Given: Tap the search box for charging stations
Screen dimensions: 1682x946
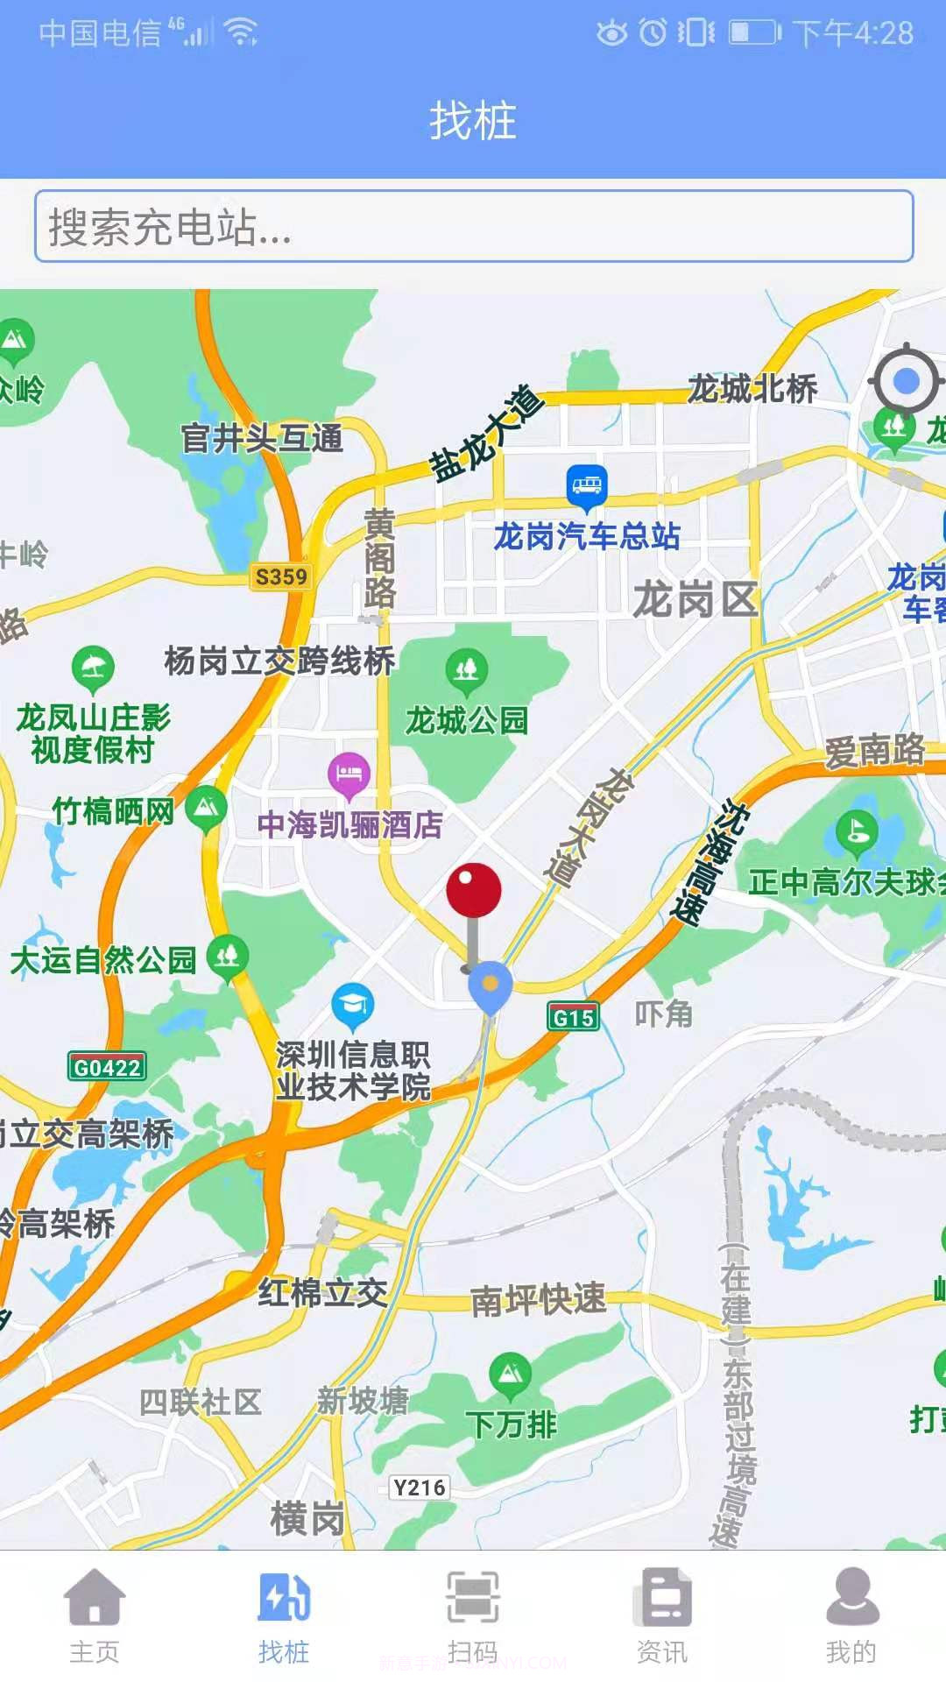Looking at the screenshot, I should pyautogui.click(x=473, y=227).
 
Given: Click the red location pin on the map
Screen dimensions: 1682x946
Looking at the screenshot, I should pyautogui.click(x=474, y=891).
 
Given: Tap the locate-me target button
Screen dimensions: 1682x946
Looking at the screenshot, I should pyautogui.click(x=906, y=381).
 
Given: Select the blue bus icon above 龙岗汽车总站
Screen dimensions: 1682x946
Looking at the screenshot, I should pyautogui.click(x=586, y=484).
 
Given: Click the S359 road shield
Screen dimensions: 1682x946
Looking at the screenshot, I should pyautogui.click(x=281, y=576).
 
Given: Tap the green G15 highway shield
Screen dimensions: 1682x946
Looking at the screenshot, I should pyautogui.click(x=574, y=1017).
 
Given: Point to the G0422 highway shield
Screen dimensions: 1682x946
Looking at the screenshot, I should pyautogui.click(x=107, y=1067).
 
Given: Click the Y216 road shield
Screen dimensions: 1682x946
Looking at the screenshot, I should pyautogui.click(x=420, y=1488).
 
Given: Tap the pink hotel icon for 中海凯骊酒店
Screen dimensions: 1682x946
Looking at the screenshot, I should pyautogui.click(x=349, y=774).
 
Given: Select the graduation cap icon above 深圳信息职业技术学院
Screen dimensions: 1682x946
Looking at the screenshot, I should pyautogui.click(x=353, y=1005).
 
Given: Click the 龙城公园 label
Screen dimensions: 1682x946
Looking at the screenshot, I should pyautogui.click(x=467, y=720).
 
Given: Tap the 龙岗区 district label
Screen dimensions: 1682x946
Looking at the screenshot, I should pyautogui.click(x=695, y=600).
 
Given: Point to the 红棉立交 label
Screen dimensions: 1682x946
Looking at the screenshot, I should pyautogui.click(x=322, y=1292).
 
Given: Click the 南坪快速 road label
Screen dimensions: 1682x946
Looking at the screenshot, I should pyautogui.click(x=538, y=1299).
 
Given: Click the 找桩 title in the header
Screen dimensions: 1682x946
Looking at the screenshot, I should pyautogui.click(x=473, y=120).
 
